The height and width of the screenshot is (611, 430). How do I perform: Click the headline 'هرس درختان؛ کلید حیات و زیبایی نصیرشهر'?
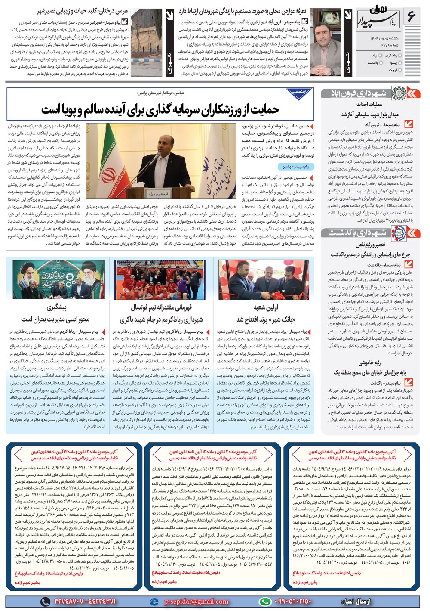pos(83,11)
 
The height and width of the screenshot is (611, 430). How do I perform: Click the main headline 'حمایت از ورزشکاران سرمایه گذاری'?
pos(160,110)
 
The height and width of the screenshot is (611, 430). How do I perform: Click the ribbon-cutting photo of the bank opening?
pos(263,279)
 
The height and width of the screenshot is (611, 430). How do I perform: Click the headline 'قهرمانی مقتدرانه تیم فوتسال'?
pos(162,307)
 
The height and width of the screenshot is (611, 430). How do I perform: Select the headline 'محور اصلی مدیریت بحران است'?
pos(55,319)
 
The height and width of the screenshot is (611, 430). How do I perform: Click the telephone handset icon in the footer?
pos(45,602)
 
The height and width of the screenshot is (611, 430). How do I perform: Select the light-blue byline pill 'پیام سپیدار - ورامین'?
pos(296,166)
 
